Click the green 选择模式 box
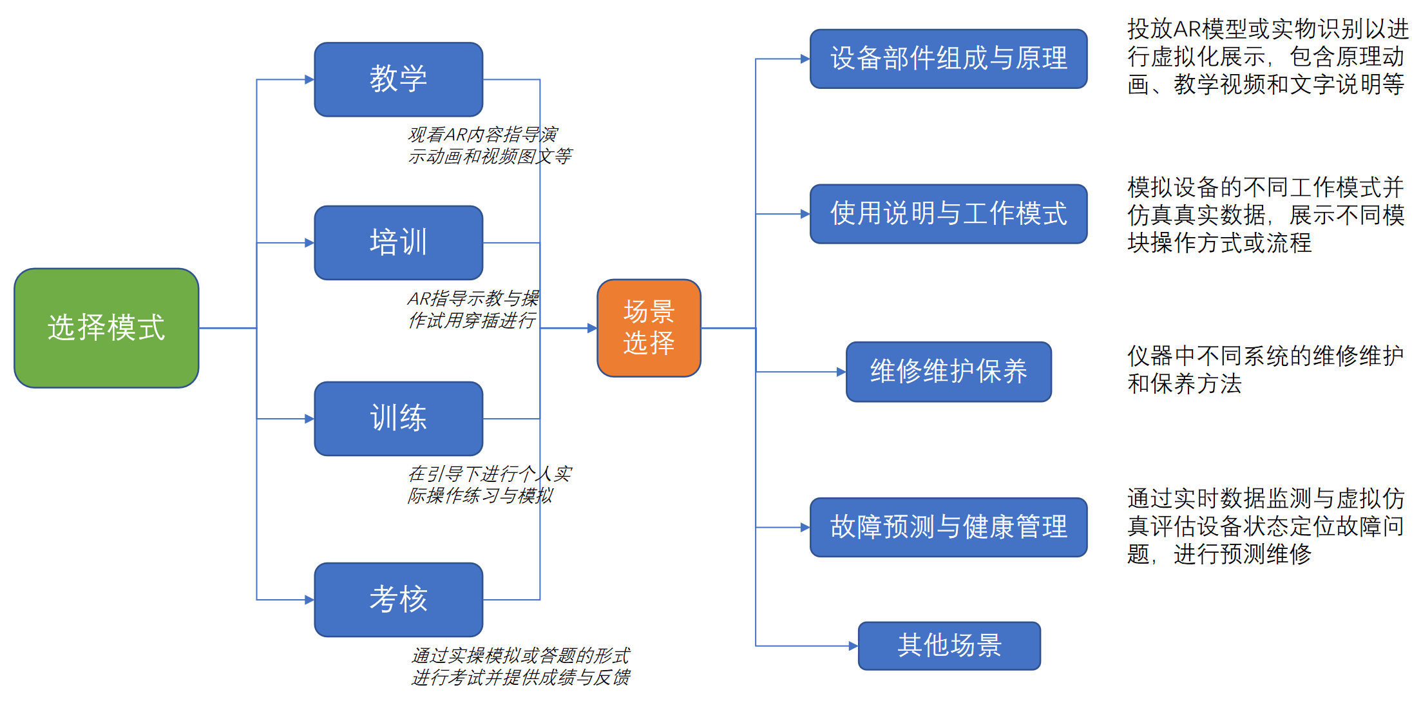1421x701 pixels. click(x=106, y=328)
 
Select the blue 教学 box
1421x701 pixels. click(x=398, y=79)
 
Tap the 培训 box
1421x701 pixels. click(x=398, y=243)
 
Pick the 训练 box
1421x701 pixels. click(x=398, y=419)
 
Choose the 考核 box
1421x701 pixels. click(x=398, y=600)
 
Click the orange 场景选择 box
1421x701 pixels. click(x=649, y=328)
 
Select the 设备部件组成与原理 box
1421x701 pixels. click(x=948, y=59)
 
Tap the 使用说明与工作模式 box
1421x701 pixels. click(x=948, y=214)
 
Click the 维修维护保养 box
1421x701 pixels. click(x=948, y=372)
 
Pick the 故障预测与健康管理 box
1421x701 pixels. click(x=948, y=527)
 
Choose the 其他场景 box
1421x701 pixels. click(x=949, y=646)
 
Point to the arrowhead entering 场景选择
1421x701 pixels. click(x=592, y=328)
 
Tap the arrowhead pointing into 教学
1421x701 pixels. click(x=309, y=80)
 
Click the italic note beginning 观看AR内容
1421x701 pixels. click(x=490, y=146)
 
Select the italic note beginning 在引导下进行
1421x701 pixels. click(x=490, y=485)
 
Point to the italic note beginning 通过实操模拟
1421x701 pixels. click(x=520, y=666)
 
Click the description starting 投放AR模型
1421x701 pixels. click(x=1266, y=57)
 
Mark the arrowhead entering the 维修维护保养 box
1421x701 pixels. click(x=841, y=372)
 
